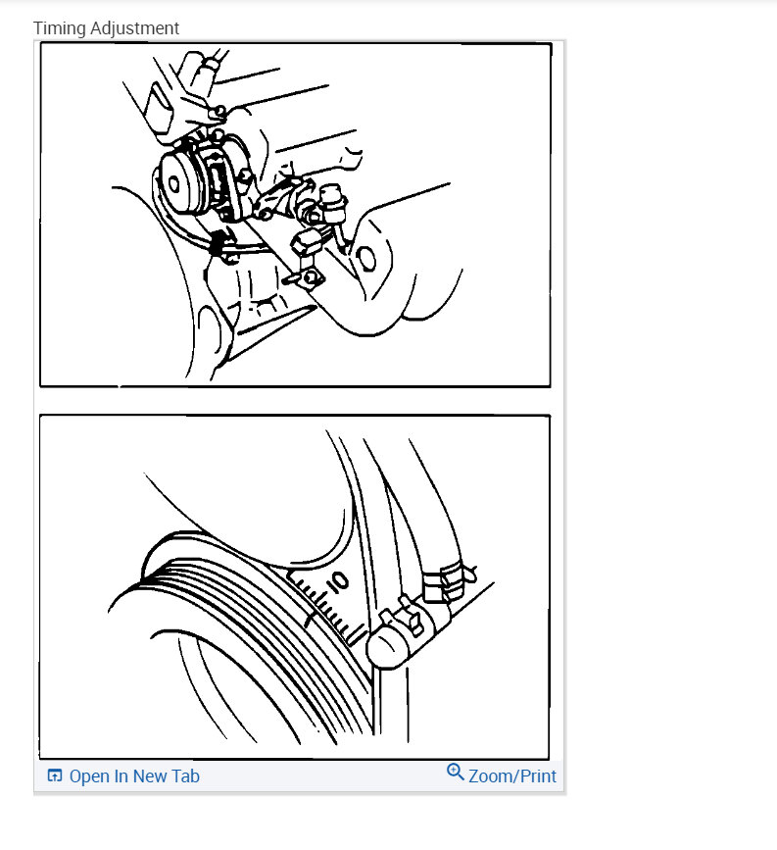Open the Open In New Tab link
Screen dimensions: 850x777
click(x=134, y=776)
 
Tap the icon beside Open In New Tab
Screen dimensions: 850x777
click(x=55, y=776)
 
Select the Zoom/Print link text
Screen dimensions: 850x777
click(x=512, y=776)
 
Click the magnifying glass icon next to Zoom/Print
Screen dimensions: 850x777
click(x=455, y=773)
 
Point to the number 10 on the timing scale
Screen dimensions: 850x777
click(x=337, y=582)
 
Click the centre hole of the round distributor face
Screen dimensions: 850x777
click(x=175, y=183)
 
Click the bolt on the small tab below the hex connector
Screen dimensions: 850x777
click(x=313, y=278)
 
